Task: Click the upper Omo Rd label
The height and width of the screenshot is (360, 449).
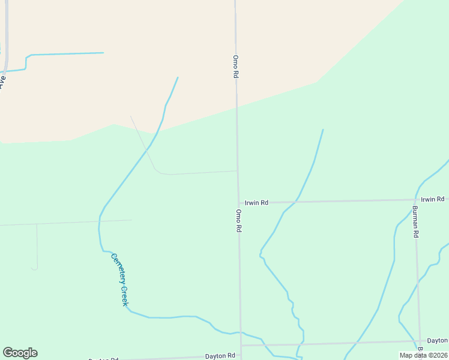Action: coord(236,67)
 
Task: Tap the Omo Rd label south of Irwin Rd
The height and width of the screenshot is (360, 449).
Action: coord(238,221)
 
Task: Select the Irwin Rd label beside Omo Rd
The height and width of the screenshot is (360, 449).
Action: coord(256,203)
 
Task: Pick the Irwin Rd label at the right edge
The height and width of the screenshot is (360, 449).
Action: coord(432,199)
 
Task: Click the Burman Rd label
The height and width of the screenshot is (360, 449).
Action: coord(415,222)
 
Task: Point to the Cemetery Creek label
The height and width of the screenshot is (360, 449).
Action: coord(119,280)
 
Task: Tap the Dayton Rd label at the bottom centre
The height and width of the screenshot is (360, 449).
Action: coord(219,356)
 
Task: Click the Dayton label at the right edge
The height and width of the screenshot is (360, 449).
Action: coord(437,340)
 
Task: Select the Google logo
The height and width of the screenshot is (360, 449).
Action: coord(20,353)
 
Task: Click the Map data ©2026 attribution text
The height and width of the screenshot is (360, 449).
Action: coord(423,355)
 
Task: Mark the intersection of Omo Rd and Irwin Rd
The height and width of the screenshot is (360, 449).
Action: coord(238,202)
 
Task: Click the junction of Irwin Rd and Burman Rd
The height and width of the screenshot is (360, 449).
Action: coord(415,200)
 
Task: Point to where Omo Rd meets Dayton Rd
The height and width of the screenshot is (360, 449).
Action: coord(241,346)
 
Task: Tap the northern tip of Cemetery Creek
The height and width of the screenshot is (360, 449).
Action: coord(178,77)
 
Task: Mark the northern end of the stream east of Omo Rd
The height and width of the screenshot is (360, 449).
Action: coord(323,130)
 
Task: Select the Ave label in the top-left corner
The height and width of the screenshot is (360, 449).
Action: coord(2,81)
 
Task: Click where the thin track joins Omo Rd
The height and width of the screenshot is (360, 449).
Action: coord(238,171)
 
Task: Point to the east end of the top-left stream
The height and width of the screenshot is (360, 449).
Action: coord(103,53)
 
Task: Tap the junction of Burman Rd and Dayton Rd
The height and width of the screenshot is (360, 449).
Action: coord(419,341)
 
